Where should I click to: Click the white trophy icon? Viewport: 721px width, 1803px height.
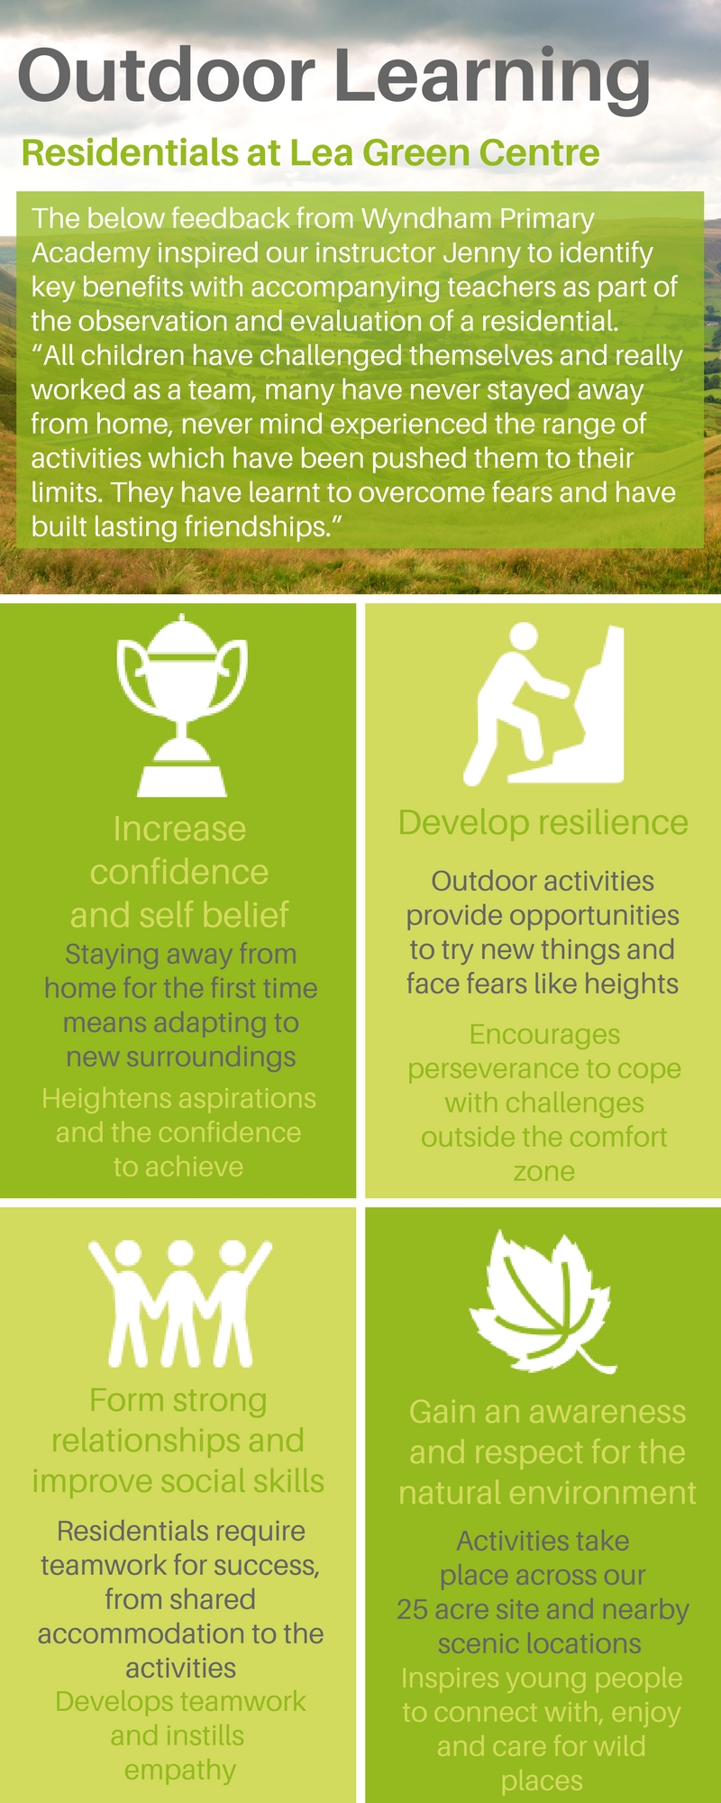[182, 705]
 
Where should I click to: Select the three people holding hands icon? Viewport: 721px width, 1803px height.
[180, 1303]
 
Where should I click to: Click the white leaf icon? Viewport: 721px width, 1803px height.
[543, 1301]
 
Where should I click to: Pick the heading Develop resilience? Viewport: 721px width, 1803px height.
[543, 822]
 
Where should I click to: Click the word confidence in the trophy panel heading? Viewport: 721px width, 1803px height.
[179, 872]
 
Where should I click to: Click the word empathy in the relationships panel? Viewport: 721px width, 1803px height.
[180, 1771]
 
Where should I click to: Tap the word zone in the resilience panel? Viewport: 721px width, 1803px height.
[543, 1172]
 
